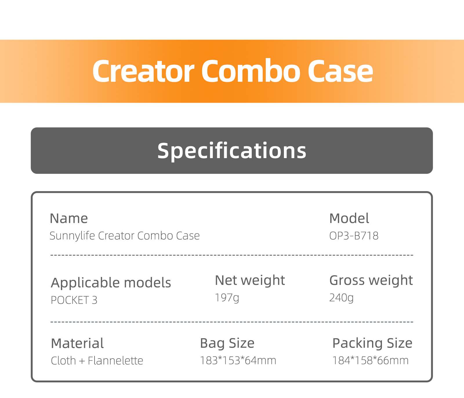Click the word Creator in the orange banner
point(143,71)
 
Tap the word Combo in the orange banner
point(251,71)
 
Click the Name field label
point(69,218)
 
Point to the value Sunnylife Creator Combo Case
point(125,236)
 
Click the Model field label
point(349,218)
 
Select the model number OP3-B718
point(354,236)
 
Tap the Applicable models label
point(111,283)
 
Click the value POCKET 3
point(74,300)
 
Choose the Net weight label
point(250,281)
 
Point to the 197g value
point(227,298)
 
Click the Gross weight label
point(371,281)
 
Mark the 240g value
point(342,298)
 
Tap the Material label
point(77,343)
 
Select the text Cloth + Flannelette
point(97,361)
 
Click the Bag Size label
point(227,344)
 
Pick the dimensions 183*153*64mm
point(238,361)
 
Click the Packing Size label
point(372,344)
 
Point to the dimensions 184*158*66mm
point(370,361)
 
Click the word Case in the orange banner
point(340,71)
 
